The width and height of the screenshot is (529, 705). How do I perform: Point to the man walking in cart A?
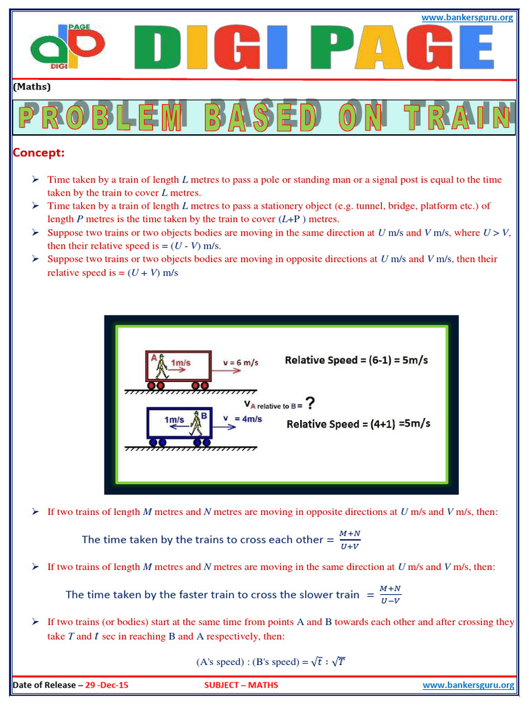click(162, 366)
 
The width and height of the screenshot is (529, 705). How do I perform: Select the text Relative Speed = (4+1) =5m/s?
click(358, 423)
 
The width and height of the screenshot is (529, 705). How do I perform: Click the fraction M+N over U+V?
click(350, 540)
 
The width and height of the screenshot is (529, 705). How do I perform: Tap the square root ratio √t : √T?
click(329, 662)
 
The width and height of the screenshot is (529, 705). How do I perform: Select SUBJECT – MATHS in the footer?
click(241, 686)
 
